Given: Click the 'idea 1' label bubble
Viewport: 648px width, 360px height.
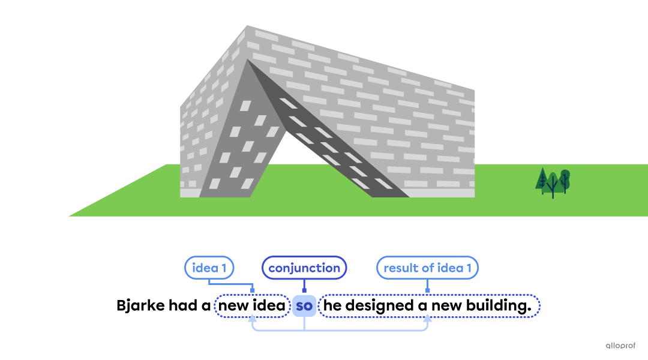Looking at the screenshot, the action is point(209,268).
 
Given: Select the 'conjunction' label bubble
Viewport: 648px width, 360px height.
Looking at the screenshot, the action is point(304,268).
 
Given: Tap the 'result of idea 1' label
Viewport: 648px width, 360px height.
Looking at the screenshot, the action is point(427,268).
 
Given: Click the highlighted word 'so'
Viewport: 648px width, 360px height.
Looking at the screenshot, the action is point(304,306).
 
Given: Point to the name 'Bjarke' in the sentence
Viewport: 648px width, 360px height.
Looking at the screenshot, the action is point(141,306).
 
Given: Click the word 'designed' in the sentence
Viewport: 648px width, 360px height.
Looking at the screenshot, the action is point(379,306).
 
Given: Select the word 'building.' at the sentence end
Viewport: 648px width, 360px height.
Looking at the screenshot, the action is point(499,306).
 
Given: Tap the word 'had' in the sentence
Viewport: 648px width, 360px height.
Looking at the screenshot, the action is point(183,305).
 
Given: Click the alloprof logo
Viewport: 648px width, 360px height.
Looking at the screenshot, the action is point(620,346).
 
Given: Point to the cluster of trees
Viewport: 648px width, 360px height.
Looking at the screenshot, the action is point(553,182).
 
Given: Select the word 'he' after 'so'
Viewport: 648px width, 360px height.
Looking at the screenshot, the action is point(332,305).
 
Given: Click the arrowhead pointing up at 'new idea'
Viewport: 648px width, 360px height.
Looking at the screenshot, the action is point(252,318).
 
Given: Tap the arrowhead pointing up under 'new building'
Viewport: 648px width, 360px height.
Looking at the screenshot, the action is point(427,318).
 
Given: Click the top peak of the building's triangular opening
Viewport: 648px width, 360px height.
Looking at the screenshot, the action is point(247,60).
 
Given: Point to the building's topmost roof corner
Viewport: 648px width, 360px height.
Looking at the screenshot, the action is point(247,26).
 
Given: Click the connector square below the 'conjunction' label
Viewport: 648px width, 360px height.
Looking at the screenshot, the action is point(304,290).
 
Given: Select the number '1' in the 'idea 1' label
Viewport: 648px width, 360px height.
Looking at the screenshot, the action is point(224,268).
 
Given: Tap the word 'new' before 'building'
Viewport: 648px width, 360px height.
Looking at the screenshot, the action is point(447,306).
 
